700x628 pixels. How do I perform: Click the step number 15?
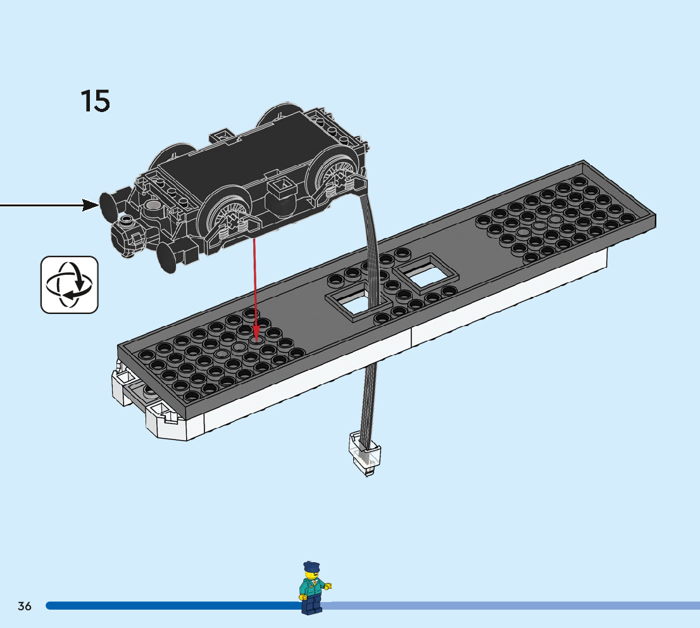click(x=96, y=101)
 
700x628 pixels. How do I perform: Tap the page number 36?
click(x=25, y=606)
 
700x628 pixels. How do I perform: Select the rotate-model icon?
click(x=70, y=284)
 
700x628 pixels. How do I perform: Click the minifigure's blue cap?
click(x=311, y=565)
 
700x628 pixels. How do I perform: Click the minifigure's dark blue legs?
click(x=311, y=606)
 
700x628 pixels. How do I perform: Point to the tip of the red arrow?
click(x=256, y=337)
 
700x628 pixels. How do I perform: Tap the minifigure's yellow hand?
click(x=328, y=586)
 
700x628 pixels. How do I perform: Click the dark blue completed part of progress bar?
click(x=171, y=606)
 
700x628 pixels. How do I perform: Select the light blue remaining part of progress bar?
click(x=506, y=606)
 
